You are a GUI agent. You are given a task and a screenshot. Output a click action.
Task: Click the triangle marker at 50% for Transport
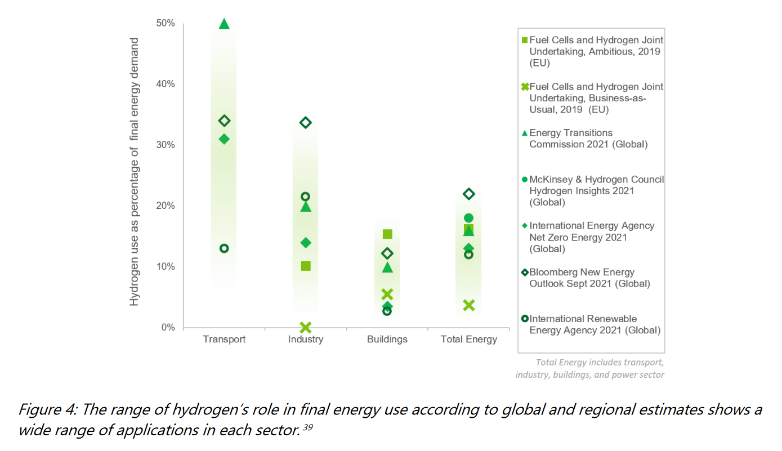pyautogui.click(x=224, y=24)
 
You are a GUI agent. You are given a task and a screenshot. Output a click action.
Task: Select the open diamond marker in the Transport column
pyautogui.click(x=224, y=120)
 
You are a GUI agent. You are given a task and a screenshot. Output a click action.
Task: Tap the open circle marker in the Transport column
pyautogui.click(x=224, y=248)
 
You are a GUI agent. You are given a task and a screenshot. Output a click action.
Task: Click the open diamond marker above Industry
pyautogui.click(x=306, y=123)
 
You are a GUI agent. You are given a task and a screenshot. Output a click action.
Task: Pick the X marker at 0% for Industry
pyautogui.click(x=306, y=327)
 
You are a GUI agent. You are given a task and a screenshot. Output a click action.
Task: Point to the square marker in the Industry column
pyautogui.click(x=306, y=266)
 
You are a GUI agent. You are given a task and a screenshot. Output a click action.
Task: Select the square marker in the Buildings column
pyautogui.click(x=387, y=234)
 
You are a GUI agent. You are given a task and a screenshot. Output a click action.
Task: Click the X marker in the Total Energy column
pyautogui.click(x=468, y=305)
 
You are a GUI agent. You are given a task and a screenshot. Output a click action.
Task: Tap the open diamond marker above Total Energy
pyautogui.click(x=468, y=194)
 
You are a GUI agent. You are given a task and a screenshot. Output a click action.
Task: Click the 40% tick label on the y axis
pyautogui.click(x=165, y=84)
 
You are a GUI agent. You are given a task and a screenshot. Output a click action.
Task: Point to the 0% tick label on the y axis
pyautogui.click(x=167, y=328)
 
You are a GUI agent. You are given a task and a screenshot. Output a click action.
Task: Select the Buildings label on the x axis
pyautogui.click(x=387, y=340)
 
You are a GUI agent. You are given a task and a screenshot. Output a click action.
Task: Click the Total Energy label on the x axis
pyautogui.click(x=468, y=340)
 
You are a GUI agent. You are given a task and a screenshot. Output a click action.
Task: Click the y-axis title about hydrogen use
pyautogui.click(x=134, y=172)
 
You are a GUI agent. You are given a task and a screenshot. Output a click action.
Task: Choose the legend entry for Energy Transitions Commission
pyautogui.click(x=588, y=139)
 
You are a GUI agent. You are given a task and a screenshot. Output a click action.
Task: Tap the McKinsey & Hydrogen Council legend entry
pyautogui.click(x=596, y=190)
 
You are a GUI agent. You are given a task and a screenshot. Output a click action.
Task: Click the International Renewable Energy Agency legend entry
pyautogui.click(x=595, y=324)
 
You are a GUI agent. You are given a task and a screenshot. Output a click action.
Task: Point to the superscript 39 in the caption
pyautogui.click(x=307, y=427)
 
